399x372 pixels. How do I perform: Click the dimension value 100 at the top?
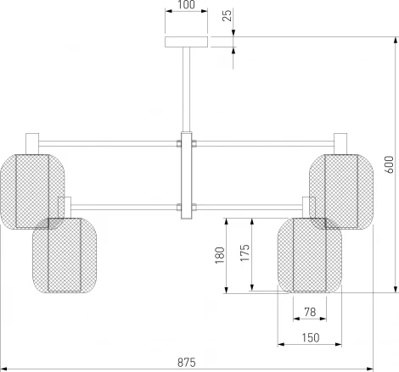[186, 6]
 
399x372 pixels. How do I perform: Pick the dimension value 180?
[218, 255]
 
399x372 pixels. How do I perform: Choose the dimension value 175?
[244, 255]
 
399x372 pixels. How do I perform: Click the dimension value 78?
[309, 313]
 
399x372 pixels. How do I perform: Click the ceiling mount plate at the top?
[186, 42]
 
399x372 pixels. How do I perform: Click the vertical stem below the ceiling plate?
[186, 89]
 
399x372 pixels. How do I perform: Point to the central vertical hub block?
[186, 176]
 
